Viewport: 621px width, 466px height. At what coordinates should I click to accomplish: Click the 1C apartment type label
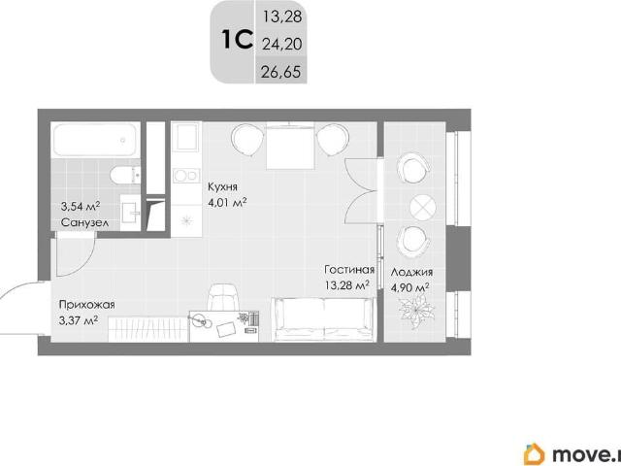pos(237,40)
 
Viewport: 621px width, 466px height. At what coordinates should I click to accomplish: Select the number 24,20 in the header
pos(282,45)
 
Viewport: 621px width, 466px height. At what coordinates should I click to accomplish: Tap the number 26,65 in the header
pos(281,72)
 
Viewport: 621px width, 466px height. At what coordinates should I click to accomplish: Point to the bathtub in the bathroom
pos(95,140)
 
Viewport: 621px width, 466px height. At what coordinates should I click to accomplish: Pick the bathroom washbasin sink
pos(130,212)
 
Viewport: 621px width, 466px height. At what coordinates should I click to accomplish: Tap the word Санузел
pos(84,222)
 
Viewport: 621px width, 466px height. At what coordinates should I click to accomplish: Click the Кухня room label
pos(222,187)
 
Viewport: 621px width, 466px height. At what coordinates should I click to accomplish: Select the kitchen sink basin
pos(186,136)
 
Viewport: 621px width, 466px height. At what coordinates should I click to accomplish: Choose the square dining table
pos(291,146)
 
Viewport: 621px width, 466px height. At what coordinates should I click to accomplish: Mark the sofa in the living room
pos(324,319)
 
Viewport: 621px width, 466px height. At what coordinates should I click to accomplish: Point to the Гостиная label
pos(349,270)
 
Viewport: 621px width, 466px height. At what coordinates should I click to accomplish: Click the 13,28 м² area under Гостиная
pos(347,285)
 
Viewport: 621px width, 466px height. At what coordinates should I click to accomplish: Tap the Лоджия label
pos(411,273)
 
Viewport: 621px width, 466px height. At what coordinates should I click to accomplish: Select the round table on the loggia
pos(423,207)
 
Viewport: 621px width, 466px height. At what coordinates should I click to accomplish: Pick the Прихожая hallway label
pos(86,305)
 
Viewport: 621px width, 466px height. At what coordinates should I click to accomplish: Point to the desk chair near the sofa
pos(224,298)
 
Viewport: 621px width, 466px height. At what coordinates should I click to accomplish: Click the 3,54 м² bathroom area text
pos(80,207)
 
